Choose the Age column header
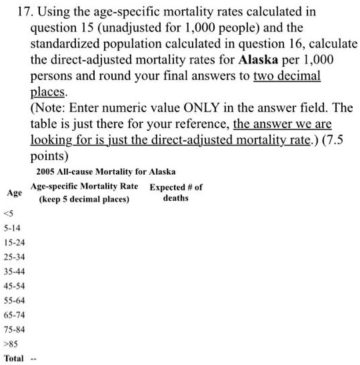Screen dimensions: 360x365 tap(14, 193)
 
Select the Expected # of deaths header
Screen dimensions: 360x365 tap(176, 193)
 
